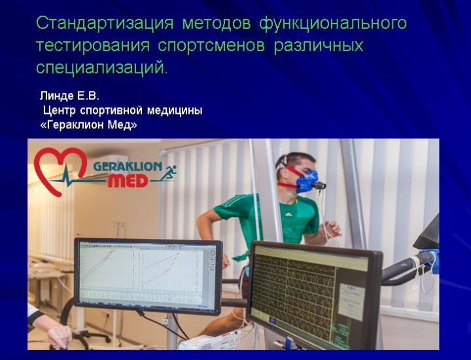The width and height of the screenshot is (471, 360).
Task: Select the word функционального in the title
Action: click(x=333, y=24)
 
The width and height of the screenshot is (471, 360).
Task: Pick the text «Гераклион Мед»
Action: click(x=89, y=124)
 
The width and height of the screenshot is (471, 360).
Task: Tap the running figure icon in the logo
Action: click(x=169, y=174)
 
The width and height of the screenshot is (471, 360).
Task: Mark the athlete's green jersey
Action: click(x=268, y=219)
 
